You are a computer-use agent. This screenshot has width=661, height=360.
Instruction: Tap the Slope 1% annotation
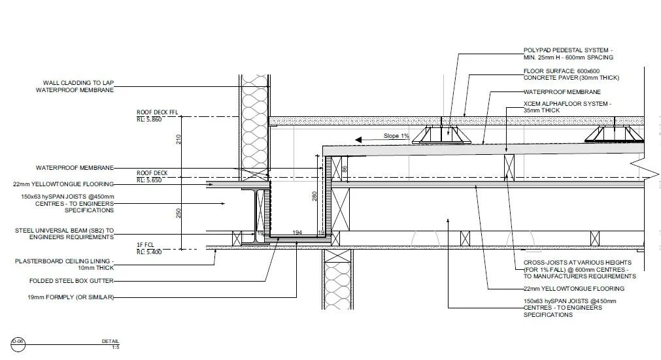pos(396,136)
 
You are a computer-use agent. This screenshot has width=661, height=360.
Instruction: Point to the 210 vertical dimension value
pos(178,139)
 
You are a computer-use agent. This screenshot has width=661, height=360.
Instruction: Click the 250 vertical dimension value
pos(178,213)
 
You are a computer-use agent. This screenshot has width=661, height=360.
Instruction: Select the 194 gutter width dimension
pos(297,233)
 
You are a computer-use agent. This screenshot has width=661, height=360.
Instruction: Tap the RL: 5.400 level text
pos(150,252)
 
